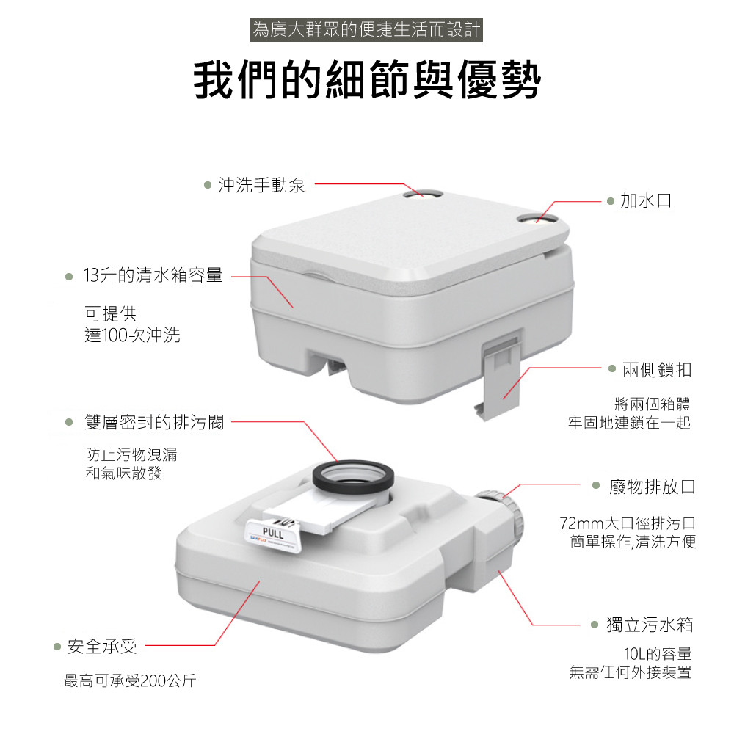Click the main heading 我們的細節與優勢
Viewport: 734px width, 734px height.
(x=367, y=79)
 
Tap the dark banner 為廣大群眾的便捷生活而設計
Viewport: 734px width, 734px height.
(x=366, y=29)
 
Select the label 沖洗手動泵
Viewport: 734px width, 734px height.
(x=262, y=185)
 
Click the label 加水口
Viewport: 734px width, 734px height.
(x=646, y=200)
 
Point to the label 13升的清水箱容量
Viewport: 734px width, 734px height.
(x=153, y=275)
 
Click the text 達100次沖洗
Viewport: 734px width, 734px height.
(x=132, y=335)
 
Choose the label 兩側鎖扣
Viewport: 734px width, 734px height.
(x=657, y=370)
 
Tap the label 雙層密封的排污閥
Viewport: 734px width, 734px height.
(x=154, y=422)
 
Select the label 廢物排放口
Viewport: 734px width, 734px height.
(x=652, y=487)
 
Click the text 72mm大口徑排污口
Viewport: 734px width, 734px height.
(x=628, y=523)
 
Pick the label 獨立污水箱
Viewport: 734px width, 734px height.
(x=650, y=625)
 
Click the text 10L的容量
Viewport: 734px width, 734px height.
(x=658, y=653)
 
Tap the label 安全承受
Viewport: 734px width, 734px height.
(x=103, y=647)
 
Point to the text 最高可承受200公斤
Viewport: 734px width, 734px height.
(x=130, y=680)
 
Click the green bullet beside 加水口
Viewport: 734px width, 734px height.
(x=611, y=201)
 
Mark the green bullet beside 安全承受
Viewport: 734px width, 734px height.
(x=57, y=647)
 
